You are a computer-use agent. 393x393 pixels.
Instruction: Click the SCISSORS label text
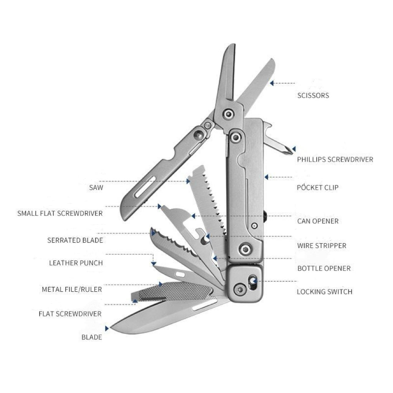[x=313, y=96]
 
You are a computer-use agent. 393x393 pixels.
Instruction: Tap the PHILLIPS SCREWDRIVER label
[x=335, y=159]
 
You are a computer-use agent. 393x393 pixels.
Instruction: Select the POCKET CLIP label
[x=317, y=188]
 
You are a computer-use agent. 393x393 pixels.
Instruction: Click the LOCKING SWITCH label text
[x=324, y=292]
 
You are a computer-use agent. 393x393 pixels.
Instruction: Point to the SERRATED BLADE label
[x=75, y=240]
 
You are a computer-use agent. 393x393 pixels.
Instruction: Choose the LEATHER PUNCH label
[x=76, y=263]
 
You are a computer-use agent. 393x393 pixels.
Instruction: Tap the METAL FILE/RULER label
[x=72, y=289]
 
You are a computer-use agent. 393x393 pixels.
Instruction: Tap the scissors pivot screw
[x=229, y=114]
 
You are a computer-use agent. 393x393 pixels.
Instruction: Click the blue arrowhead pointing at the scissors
[x=272, y=83]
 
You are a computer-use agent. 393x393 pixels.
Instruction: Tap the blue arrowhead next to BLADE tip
[x=107, y=329]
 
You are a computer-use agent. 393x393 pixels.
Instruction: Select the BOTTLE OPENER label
[x=324, y=268]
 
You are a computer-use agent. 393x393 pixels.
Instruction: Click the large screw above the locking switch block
[x=244, y=249]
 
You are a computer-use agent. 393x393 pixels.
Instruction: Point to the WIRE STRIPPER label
[x=322, y=246]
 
